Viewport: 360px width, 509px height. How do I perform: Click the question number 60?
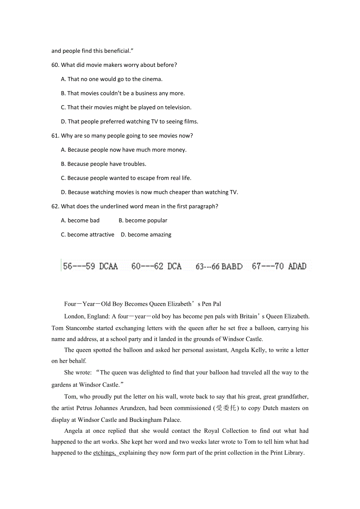coord(55,65)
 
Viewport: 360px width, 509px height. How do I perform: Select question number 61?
coord(55,136)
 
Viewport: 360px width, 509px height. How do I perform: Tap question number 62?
coord(55,206)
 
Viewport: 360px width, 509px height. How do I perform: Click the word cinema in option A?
coord(151,79)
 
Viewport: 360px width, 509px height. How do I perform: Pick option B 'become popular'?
coord(143,220)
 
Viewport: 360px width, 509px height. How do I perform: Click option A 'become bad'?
coord(80,220)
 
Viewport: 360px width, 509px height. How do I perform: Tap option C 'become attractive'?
coord(88,235)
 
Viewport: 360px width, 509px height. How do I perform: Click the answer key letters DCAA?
coord(108,267)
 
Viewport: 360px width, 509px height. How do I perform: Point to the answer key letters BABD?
coord(232,267)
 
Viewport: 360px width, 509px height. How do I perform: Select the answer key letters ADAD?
coord(297,267)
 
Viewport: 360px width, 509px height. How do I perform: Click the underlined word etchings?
coord(104,453)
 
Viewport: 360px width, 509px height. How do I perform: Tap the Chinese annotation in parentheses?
coord(227,408)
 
